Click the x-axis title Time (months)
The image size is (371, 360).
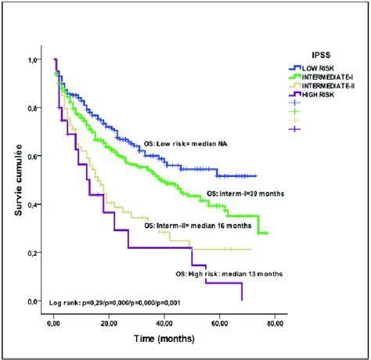coord(166,342)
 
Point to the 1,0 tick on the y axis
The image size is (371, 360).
coord(34,59)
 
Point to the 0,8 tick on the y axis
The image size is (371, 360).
coord(34,108)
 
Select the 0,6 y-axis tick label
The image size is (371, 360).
coord(34,157)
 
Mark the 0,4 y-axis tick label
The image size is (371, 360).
coord(34,205)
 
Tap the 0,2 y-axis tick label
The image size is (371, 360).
coord(34,254)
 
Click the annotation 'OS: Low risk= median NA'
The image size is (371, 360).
coord(193,144)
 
